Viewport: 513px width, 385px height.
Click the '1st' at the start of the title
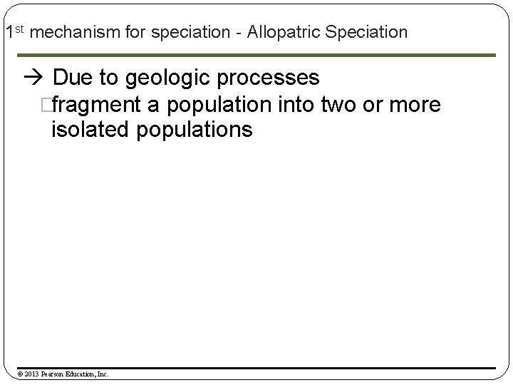[14, 31]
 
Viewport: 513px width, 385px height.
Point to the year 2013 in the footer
[31, 373]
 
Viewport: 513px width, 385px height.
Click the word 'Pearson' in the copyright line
[55, 373]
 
